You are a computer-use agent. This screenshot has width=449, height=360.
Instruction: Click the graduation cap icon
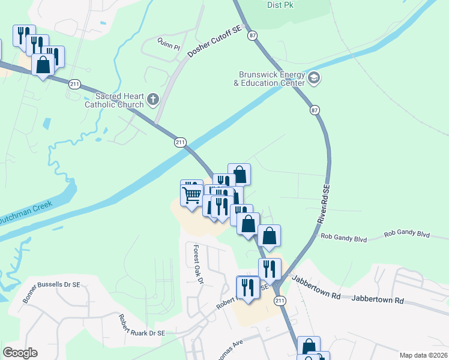[x=314, y=78]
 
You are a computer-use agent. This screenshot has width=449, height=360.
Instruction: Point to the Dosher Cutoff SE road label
[x=214, y=46]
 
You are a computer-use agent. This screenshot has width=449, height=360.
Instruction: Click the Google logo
[x=20, y=353]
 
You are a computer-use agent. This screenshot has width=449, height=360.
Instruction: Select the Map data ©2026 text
[x=423, y=355]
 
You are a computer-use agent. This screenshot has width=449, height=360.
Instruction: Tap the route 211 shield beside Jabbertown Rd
[x=279, y=301]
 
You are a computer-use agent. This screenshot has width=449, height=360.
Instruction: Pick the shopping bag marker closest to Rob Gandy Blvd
[x=270, y=236]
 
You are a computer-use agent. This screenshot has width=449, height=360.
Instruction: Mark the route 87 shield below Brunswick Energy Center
[x=315, y=110]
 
